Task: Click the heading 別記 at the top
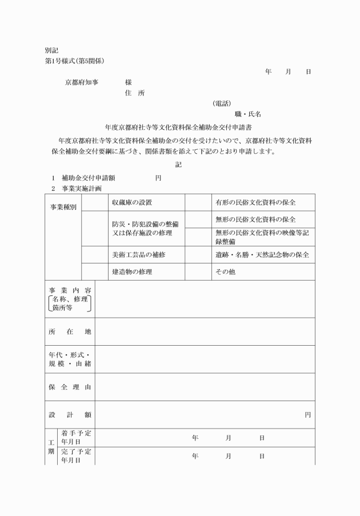pyautogui.click(x=51, y=50)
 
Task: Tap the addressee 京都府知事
pyautogui.click(x=82, y=82)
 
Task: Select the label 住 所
pyautogui.click(x=134, y=93)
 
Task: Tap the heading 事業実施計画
pyautogui.click(x=82, y=189)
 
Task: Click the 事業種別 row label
pyautogui.click(x=63, y=206)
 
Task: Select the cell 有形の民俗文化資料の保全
pyautogui.click(x=255, y=202)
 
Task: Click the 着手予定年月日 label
pyautogui.click(x=75, y=437)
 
